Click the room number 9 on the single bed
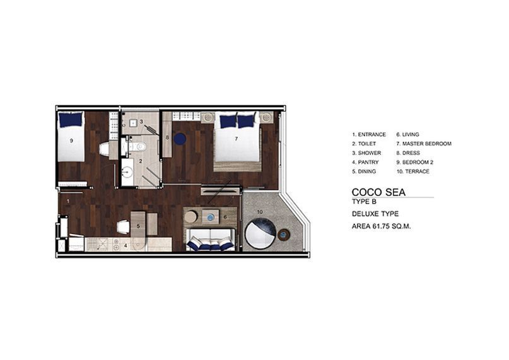click(71, 141)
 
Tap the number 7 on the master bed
click(237, 139)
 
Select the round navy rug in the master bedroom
click(180, 139)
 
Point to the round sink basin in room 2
click(128, 172)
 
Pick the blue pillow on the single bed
click(71, 119)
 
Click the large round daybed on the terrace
click(260, 233)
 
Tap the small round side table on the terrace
click(283, 235)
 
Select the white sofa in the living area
click(211, 240)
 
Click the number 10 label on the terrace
click(260, 212)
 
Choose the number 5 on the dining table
click(138, 226)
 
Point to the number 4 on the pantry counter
click(126, 246)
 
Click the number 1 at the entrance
click(68, 201)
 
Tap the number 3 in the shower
click(141, 122)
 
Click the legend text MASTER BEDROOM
click(427, 144)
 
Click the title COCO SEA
click(378, 192)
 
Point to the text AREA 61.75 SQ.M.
click(381, 226)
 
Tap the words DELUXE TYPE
click(375, 214)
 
